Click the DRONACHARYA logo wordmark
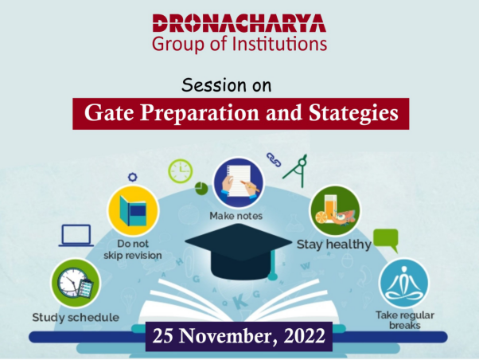tap(240, 23)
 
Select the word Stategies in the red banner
tap(353, 113)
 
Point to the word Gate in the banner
tap(109, 113)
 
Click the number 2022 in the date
tap(304, 336)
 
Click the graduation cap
tap(239, 251)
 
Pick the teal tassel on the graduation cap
tap(272, 263)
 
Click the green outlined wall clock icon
tap(181, 171)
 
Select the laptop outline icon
tap(76, 236)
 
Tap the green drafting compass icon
tap(296, 170)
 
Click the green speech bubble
tap(386, 241)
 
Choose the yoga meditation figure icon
tap(403, 284)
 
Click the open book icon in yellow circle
tap(133, 211)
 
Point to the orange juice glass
tap(329, 209)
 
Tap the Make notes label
tap(236, 216)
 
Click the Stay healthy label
tap(334, 245)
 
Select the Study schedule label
tap(76, 318)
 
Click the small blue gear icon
tap(133, 177)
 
